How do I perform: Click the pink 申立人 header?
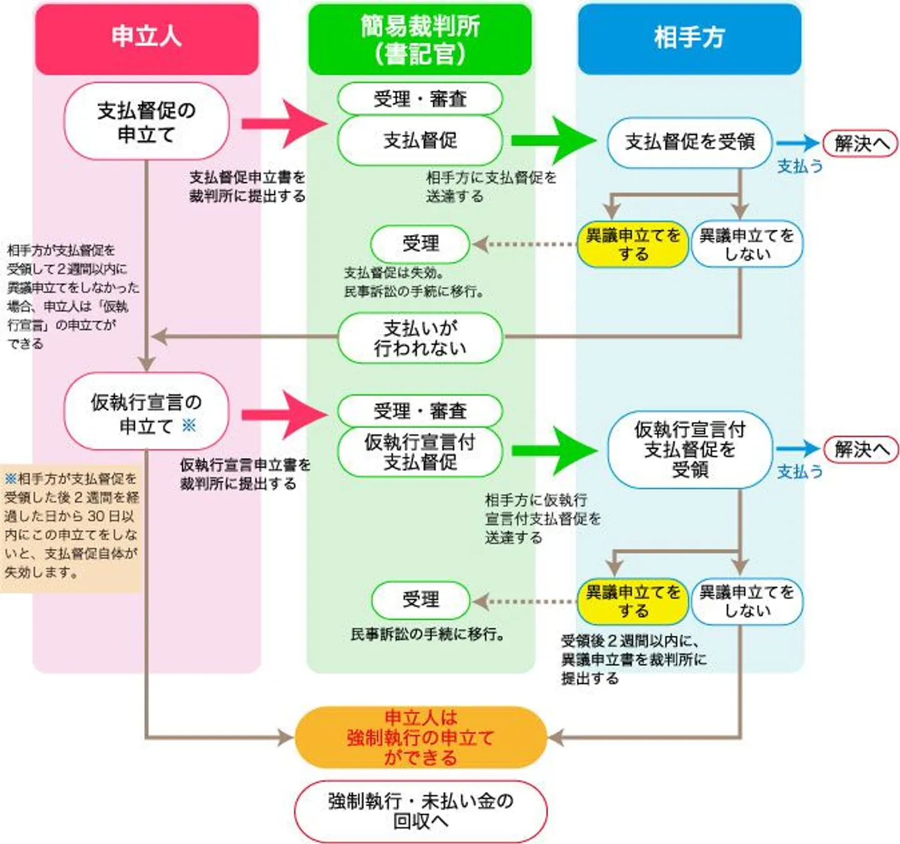coord(146,38)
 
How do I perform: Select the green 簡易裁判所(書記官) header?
coord(420,39)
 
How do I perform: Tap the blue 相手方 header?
coord(689,38)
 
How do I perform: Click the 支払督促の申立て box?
coord(146,121)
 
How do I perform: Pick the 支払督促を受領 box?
coord(689,143)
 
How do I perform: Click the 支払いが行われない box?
coord(420,338)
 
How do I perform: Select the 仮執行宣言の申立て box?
coord(146,413)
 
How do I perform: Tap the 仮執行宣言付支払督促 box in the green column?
coord(420,451)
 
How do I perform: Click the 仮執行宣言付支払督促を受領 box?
coord(689,450)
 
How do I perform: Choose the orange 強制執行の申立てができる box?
coord(420,738)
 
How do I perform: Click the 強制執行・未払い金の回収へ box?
coord(420,811)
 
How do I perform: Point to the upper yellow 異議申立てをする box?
coord(632,244)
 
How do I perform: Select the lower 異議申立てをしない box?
coord(746,601)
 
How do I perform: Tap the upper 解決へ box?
coord(861,144)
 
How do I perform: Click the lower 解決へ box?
coord(861,449)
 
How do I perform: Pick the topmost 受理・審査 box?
coord(420,99)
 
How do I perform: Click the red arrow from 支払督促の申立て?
coord(284,123)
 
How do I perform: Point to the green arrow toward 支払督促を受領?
coord(553,140)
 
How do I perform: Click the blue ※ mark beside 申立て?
coord(189,426)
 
